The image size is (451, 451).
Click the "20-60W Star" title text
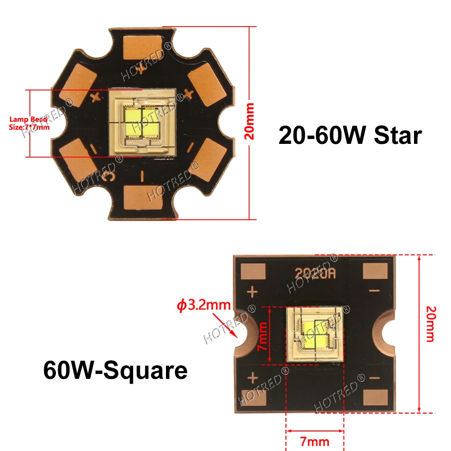click(x=350, y=135)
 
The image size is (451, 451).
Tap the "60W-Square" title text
click(x=115, y=371)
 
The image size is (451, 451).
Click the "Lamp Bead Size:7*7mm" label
click(x=29, y=123)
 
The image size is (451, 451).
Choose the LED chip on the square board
click(x=315, y=334)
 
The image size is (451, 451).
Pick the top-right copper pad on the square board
click(x=375, y=272)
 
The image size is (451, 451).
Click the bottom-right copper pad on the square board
click(x=375, y=397)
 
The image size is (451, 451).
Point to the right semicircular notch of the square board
click(x=389, y=334)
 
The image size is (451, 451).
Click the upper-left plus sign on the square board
click(x=253, y=292)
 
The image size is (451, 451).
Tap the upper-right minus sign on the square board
click(x=374, y=292)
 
